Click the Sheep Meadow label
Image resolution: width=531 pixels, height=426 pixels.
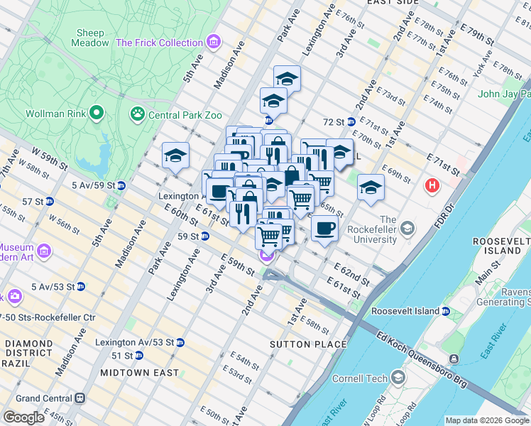90,38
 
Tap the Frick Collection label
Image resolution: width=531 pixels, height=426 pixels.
159,43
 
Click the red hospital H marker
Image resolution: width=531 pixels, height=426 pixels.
431,187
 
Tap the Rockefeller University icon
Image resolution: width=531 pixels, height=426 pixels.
407,228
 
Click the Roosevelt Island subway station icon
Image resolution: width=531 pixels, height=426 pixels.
445,311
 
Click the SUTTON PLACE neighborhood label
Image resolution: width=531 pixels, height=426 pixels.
308,344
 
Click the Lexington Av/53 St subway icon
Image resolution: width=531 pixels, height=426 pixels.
180,342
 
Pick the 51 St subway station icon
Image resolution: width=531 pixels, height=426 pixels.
139,355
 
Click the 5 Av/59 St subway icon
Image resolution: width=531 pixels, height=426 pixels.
121,186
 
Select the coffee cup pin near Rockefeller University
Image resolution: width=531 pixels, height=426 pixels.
325,228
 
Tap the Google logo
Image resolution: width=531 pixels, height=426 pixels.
24,417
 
